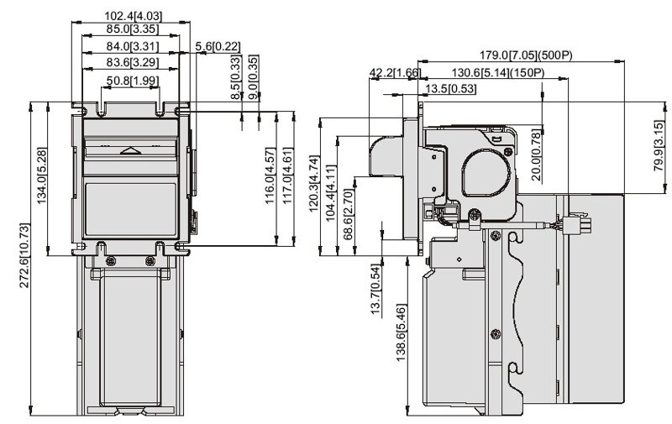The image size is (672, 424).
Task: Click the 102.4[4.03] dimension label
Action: [x=134, y=16]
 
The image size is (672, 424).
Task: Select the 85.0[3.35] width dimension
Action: [x=133, y=29]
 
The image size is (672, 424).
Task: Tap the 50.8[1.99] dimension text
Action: [x=133, y=81]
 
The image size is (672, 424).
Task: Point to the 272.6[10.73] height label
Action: [x=25, y=255]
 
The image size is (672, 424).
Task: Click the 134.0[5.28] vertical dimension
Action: [x=42, y=175]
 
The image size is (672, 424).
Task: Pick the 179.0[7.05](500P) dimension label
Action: [x=526, y=55]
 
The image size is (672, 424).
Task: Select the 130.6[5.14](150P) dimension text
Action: [x=498, y=72]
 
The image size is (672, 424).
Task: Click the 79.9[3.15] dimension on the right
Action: [x=659, y=145]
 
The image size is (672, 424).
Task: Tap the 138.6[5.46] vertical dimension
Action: [x=401, y=332]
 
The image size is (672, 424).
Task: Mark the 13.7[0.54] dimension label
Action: [x=375, y=290]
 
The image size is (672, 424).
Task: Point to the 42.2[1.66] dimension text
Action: [x=395, y=73]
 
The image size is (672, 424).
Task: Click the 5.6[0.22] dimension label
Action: [x=218, y=46]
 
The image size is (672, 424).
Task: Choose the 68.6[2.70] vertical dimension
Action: [x=349, y=214]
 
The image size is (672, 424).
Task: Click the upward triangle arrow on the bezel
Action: [x=131, y=150]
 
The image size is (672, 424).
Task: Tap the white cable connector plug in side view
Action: [x=577, y=224]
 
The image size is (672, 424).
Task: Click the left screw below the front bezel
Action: [x=111, y=261]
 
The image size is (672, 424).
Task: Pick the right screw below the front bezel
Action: [x=150, y=261]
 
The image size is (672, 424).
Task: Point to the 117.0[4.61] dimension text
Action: [x=287, y=175]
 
